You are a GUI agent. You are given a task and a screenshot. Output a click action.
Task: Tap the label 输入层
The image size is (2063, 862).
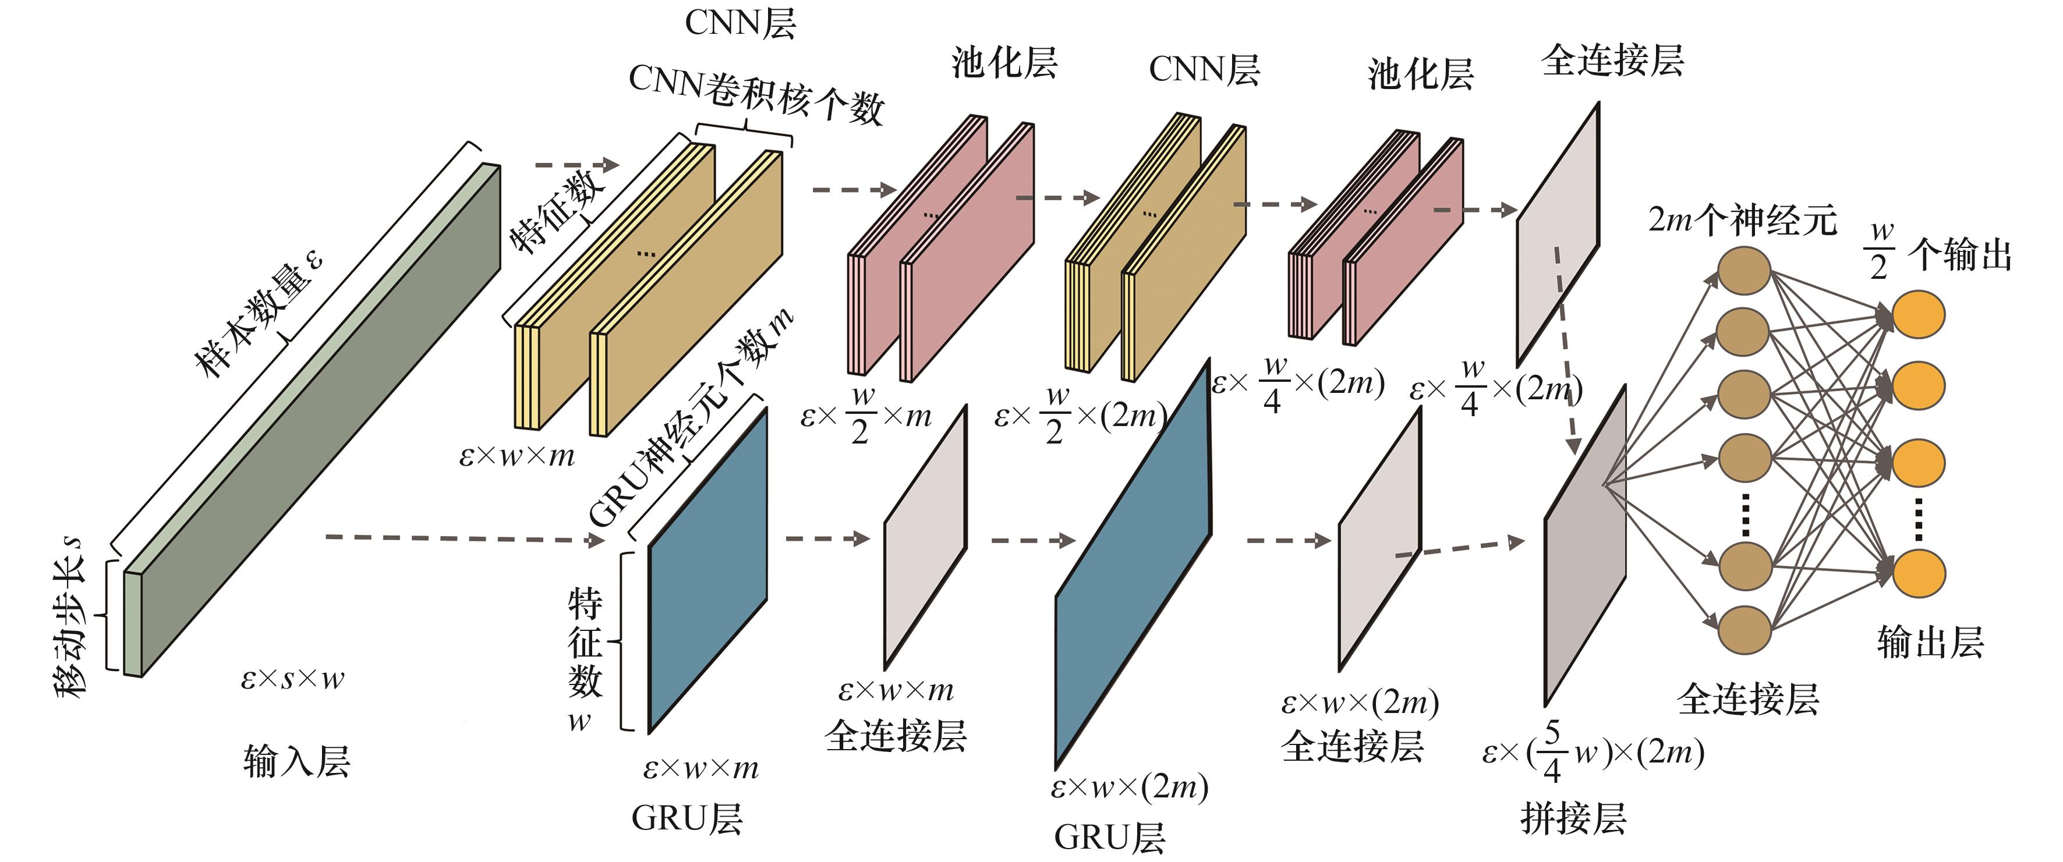point(297,760)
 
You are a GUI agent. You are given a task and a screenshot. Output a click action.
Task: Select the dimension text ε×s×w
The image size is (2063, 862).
point(292,679)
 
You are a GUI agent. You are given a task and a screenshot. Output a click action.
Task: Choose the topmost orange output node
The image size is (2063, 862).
point(1918,314)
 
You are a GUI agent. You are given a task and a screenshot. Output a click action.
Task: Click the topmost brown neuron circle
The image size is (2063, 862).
point(1743,271)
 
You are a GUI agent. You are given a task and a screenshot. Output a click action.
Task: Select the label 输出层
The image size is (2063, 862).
point(1930,643)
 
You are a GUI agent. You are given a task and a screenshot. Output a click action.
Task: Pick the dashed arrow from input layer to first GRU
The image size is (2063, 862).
point(465,538)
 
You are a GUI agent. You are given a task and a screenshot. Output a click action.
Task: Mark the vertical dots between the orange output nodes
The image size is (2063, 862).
point(1918,519)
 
